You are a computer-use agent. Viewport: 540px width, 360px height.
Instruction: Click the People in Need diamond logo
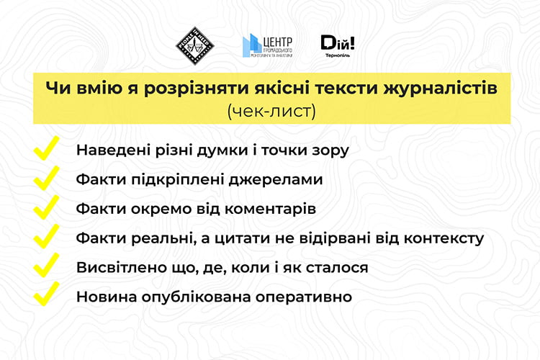tap(195, 46)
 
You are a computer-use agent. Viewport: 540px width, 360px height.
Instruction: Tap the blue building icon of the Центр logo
tap(251, 45)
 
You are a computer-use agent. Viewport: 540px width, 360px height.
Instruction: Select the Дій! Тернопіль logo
tap(338, 46)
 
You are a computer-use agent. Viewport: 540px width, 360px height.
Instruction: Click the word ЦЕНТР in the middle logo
tap(278, 42)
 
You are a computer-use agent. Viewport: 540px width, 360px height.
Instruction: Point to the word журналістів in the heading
tap(441, 88)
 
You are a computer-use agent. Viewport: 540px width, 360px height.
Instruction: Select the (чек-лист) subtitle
tap(271, 111)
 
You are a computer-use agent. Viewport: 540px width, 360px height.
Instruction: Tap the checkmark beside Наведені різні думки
tap(47, 148)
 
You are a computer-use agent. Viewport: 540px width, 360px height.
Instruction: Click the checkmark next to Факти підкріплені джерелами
tap(47, 178)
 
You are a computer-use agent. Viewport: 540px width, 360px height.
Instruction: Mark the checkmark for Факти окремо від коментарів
tap(47, 207)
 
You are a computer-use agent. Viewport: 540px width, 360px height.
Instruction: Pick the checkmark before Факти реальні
tap(47, 236)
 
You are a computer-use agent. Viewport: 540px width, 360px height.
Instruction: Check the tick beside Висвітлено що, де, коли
tap(47, 265)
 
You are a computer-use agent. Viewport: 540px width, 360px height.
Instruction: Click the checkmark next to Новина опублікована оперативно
tap(47, 294)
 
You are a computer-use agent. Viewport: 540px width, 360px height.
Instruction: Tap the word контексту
tap(444, 238)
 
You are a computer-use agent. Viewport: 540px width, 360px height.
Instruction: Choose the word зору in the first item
tap(330, 151)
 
